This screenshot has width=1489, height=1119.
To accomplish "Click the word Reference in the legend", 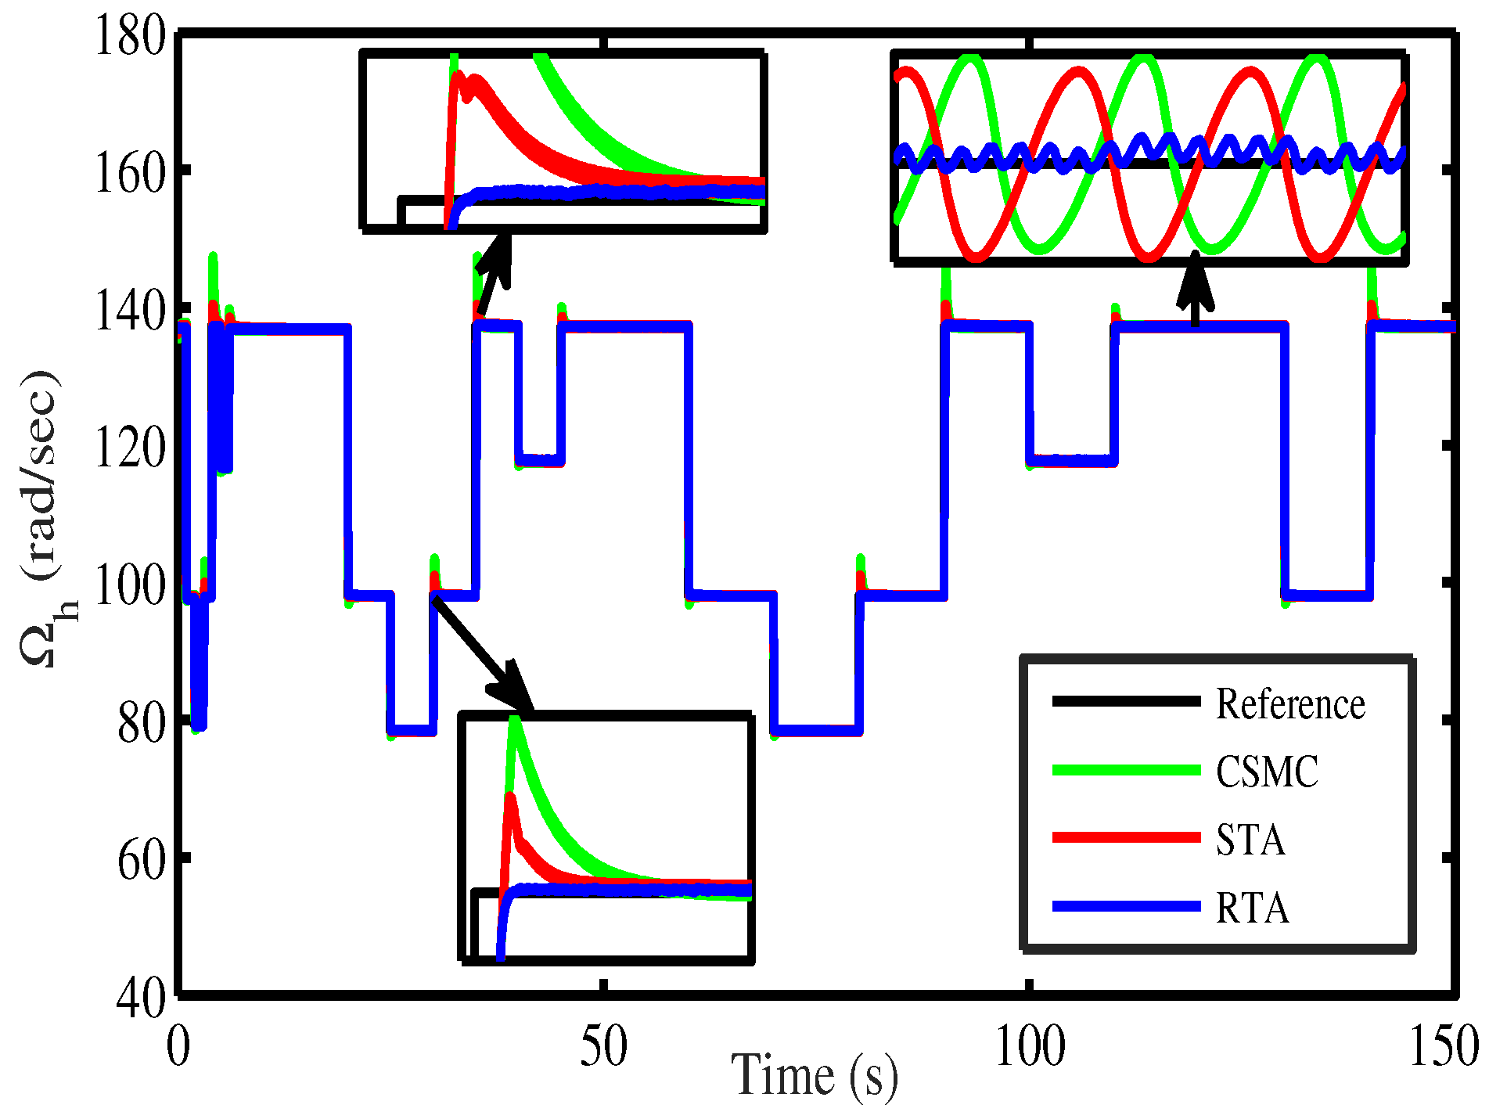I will (x=1289, y=703).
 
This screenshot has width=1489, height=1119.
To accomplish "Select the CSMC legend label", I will (x=1267, y=772).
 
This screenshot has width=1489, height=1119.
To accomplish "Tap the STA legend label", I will (x=1250, y=840).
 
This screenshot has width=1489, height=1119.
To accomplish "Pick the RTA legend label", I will (x=1252, y=908).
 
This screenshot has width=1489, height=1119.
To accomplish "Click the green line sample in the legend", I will (x=1126, y=770).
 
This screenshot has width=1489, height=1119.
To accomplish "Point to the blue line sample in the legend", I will (x=1126, y=906).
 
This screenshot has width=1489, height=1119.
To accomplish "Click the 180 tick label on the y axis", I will (x=129, y=36).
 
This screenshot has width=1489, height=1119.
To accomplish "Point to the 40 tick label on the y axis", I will (x=141, y=998).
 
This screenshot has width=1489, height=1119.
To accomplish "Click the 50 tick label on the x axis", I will (x=603, y=1047).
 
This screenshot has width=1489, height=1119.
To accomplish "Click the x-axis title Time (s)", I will (x=814, y=1077).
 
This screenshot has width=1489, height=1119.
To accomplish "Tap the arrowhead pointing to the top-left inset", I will (x=498, y=252).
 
